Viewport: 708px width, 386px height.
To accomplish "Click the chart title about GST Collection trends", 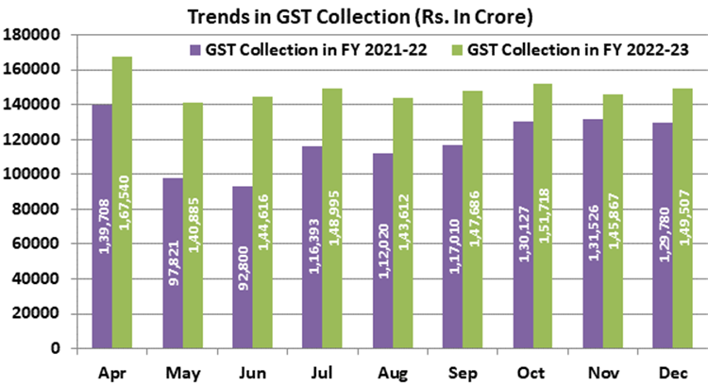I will tap(354, 15).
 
